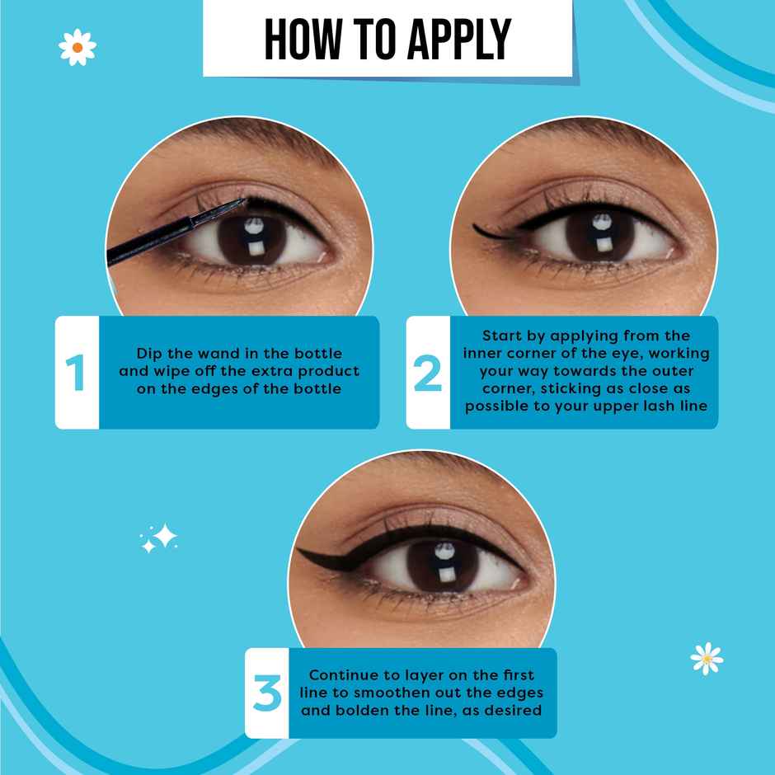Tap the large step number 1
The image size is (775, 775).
pos(77,373)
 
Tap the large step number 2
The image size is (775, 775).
pos(428,373)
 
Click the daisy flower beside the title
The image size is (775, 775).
pos(77,47)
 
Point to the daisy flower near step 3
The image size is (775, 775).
pos(706,658)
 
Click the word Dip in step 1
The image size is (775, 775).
pos(150,354)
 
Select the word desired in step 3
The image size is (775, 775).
pos(515,709)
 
